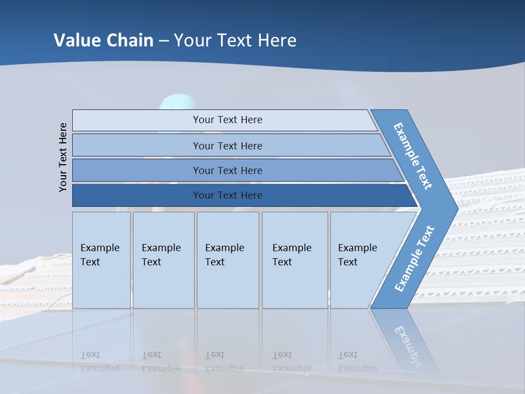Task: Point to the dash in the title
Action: click(164, 41)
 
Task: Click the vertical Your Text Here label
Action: click(63, 157)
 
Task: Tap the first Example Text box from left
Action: click(101, 260)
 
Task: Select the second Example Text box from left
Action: click(163, 260)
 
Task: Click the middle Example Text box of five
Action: click(227, 260)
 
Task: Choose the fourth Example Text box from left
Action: click(294, 260)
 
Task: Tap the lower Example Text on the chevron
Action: click(415, 258)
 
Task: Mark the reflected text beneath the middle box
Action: click(224, 362)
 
